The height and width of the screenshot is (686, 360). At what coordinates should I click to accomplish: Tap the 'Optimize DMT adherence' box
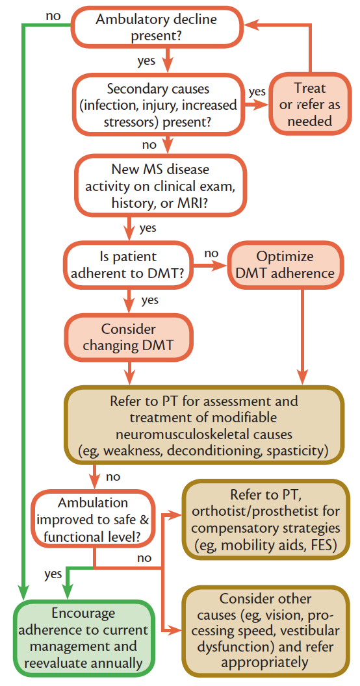tap(285, 264)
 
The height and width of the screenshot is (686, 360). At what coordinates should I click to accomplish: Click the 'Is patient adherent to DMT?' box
tap(128, 264)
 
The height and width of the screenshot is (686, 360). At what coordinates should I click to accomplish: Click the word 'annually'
tap(113, 663)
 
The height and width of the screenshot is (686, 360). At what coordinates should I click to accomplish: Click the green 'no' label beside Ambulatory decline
tap(55, 15)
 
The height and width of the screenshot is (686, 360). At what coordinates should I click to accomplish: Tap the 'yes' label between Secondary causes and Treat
tap(257, 92)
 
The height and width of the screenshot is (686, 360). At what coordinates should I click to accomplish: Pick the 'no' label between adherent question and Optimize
tap(211, 251)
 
